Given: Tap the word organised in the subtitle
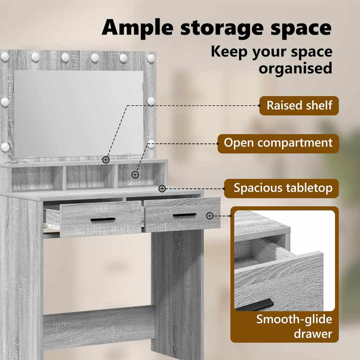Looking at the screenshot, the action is point(295,68).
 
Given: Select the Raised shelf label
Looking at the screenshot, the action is point(299,105).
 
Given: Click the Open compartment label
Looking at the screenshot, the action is point(278,143).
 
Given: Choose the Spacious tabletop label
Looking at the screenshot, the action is point(281,188).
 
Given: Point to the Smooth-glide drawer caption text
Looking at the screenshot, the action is point(294,326).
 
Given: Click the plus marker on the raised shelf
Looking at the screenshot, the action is point(105,160).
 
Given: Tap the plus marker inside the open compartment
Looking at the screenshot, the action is point(135,175).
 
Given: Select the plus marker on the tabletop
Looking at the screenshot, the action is point(162,188).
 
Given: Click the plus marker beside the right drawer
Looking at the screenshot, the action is point(209,216).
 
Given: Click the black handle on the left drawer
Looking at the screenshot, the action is point(103,219).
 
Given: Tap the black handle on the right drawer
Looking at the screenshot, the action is point(184,215).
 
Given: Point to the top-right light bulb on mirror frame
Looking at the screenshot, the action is point(151,58).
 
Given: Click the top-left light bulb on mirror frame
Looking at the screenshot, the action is point(4,56).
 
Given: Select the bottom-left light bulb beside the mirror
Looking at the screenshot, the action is point(5,147).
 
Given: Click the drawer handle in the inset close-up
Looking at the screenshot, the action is point(255,305).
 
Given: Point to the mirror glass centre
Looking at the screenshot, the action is point(79,113).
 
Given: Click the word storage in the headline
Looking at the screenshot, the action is point(221,29).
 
